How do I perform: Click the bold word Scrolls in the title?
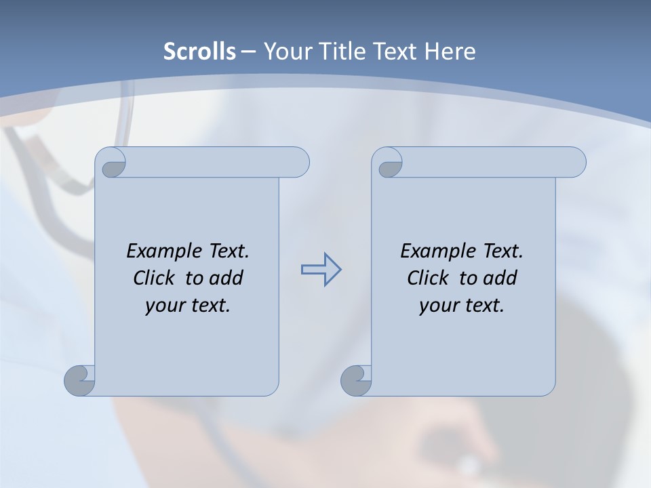tap(200, 52)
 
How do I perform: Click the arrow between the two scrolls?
tap(321, 270)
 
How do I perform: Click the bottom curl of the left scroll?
tap(79, 381)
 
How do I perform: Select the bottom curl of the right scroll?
tap(356, 381)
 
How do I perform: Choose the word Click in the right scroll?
tap(429, 279)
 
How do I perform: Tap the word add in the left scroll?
tap(226, 279)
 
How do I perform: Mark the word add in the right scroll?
tap(500, 279)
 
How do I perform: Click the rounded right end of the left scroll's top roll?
tap(298, 163)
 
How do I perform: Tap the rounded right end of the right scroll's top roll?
tap(575, 163)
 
